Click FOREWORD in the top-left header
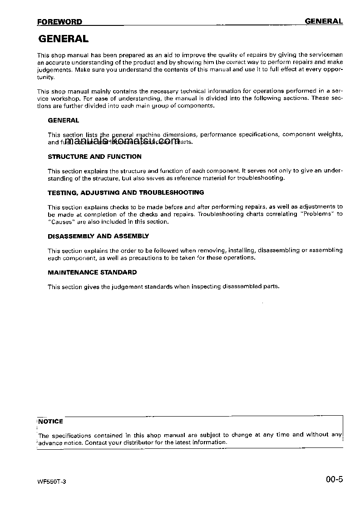point(59,22)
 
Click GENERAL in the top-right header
point(323,21)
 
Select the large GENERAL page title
point(63,39)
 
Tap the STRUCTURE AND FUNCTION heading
point(94,157)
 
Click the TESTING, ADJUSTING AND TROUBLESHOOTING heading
point(126,192)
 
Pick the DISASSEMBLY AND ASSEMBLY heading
point(98,236)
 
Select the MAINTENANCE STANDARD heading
point(92,272)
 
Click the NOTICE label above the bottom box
point(50,421)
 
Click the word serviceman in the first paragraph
point(325,55)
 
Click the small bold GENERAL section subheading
point(63,120)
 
